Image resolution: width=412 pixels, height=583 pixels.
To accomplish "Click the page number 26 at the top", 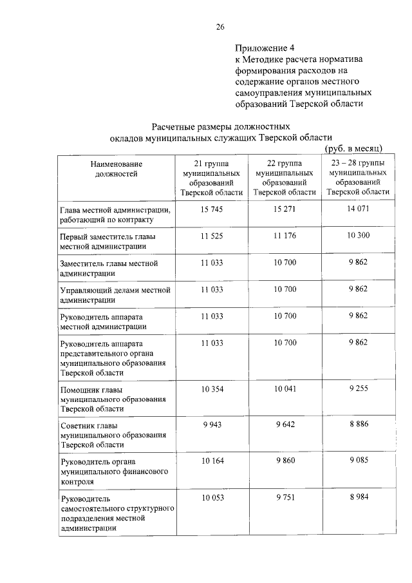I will [220, 26].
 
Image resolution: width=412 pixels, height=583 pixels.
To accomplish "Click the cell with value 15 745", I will [211, 209].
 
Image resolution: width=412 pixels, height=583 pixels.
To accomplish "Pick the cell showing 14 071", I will [358, 208].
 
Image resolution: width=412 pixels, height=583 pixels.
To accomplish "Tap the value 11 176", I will [285, 236].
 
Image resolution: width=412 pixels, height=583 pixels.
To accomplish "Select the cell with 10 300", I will [358, 236].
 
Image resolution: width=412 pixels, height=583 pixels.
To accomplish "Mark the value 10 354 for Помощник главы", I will [211, 389].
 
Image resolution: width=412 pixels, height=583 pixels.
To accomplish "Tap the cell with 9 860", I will [285, 461].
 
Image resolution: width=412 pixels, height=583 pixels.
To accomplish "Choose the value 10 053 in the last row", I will [211, 498].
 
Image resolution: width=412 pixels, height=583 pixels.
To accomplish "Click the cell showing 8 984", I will [358, 497].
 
